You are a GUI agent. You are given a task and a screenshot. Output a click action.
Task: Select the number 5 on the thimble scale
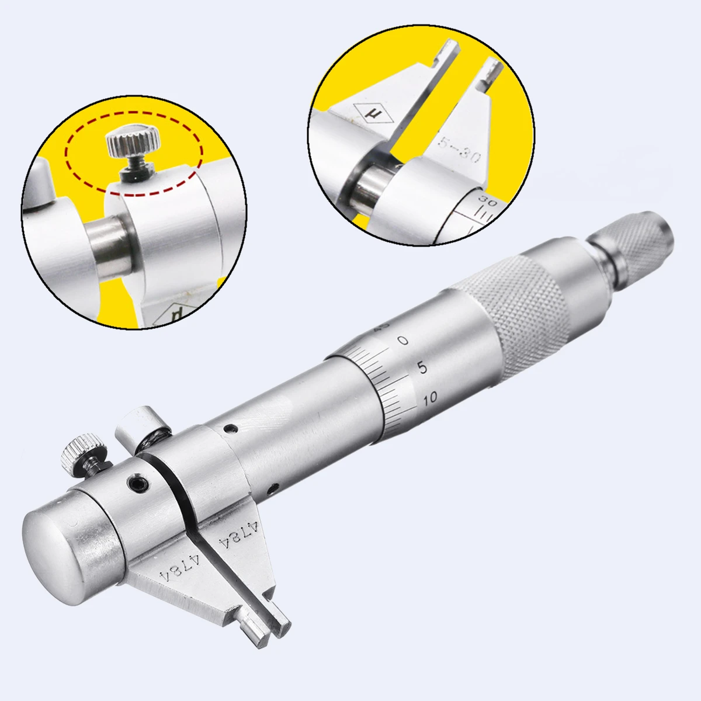click(x=422, y=368)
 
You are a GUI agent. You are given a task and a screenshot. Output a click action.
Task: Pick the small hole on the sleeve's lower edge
click(x=270, y=487)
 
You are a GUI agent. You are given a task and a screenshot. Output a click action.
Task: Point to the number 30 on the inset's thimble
click(x=483, y=200)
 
